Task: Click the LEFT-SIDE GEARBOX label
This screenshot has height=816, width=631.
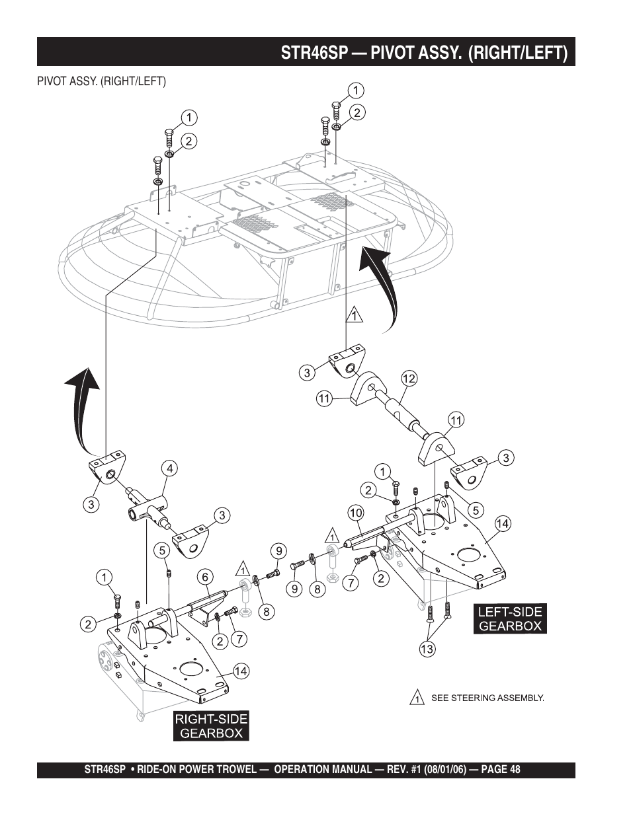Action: point(510,619)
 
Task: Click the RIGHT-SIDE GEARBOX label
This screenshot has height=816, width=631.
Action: point(212,725)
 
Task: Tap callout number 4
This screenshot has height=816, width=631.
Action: point(170,469)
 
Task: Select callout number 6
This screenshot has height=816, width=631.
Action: point(205,577)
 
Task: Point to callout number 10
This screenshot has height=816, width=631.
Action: point(355,513)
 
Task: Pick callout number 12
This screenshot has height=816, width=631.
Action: point(408,379)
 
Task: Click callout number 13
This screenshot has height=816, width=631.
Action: point(427,649)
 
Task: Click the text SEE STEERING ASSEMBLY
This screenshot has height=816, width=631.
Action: point(487,698)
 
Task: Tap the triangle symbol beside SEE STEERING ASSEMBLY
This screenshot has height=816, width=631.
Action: point(417,698)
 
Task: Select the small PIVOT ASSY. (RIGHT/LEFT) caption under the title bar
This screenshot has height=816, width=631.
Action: point(101,81)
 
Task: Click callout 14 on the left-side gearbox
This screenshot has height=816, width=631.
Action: point(503,524)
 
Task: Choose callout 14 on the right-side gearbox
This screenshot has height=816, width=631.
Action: point(240,671)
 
